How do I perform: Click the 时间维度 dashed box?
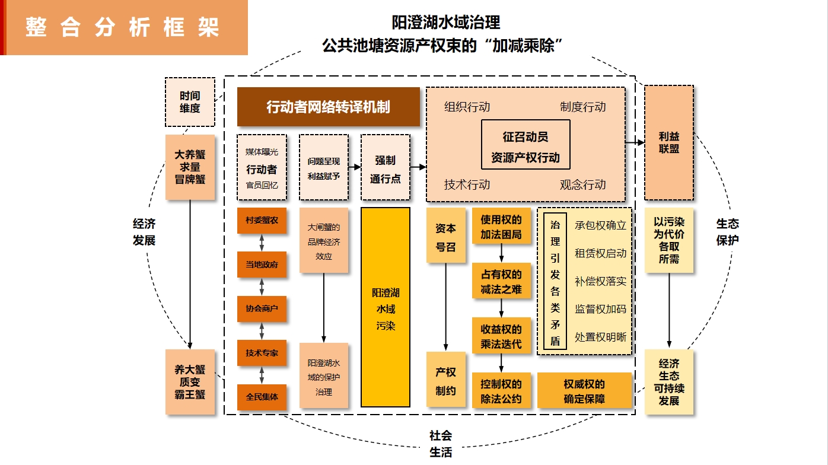coord(190,102)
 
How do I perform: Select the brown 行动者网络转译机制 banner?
coord(328,107)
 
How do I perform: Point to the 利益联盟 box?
coord(668,142)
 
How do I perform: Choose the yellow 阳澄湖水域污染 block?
coord(386,308)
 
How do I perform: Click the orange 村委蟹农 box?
coord(262,220)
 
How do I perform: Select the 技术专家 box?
coord(262,353)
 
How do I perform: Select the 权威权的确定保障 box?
coord(584,391)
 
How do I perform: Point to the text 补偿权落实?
coord(600,281)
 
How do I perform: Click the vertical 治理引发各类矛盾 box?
coord(555,282)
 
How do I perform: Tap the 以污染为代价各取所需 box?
coord(668,240)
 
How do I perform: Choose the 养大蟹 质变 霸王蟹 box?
coord(190,381)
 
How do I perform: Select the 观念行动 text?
coord(583,184)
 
